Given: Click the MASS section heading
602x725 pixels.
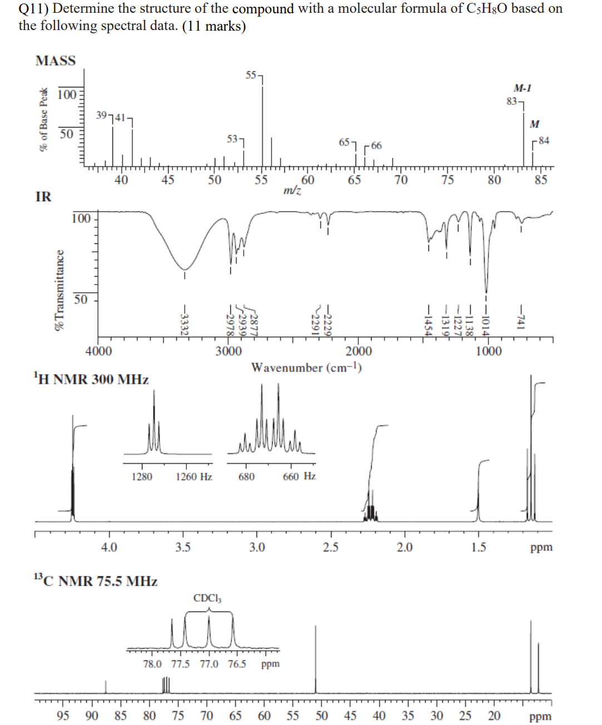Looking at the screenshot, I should [x=56, y=61].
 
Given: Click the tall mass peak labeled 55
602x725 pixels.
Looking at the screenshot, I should [x=263, y=123].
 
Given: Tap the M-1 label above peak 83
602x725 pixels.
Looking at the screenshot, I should [x=522, y=88].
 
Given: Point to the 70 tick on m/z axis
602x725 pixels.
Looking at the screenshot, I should [x=401, y=180].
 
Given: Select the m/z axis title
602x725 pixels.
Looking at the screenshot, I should [x=293, y=190].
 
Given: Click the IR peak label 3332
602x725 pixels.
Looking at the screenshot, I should [x=184, y=322].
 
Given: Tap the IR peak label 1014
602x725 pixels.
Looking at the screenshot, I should [x=486, y=322].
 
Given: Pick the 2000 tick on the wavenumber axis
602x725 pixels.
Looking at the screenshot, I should [x=358, y=351].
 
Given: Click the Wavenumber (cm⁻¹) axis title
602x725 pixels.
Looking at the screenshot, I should [x=307, y=368].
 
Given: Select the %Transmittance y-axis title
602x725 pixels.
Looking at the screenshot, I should [x=59, y=290].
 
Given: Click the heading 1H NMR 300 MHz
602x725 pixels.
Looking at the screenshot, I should [x=91, y=380].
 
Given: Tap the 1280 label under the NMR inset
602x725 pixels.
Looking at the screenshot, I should [x=142, y=477].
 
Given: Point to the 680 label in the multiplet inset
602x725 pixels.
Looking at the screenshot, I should [x=246, y=477].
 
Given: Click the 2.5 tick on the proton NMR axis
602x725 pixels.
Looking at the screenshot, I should [x=330, y=547].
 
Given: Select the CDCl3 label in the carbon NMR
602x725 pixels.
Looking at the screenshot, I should [x=208, y=599].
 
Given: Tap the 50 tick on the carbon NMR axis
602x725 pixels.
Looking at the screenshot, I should [x=322, y=716].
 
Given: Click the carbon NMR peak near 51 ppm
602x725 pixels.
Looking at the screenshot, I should [x=315, y=657].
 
